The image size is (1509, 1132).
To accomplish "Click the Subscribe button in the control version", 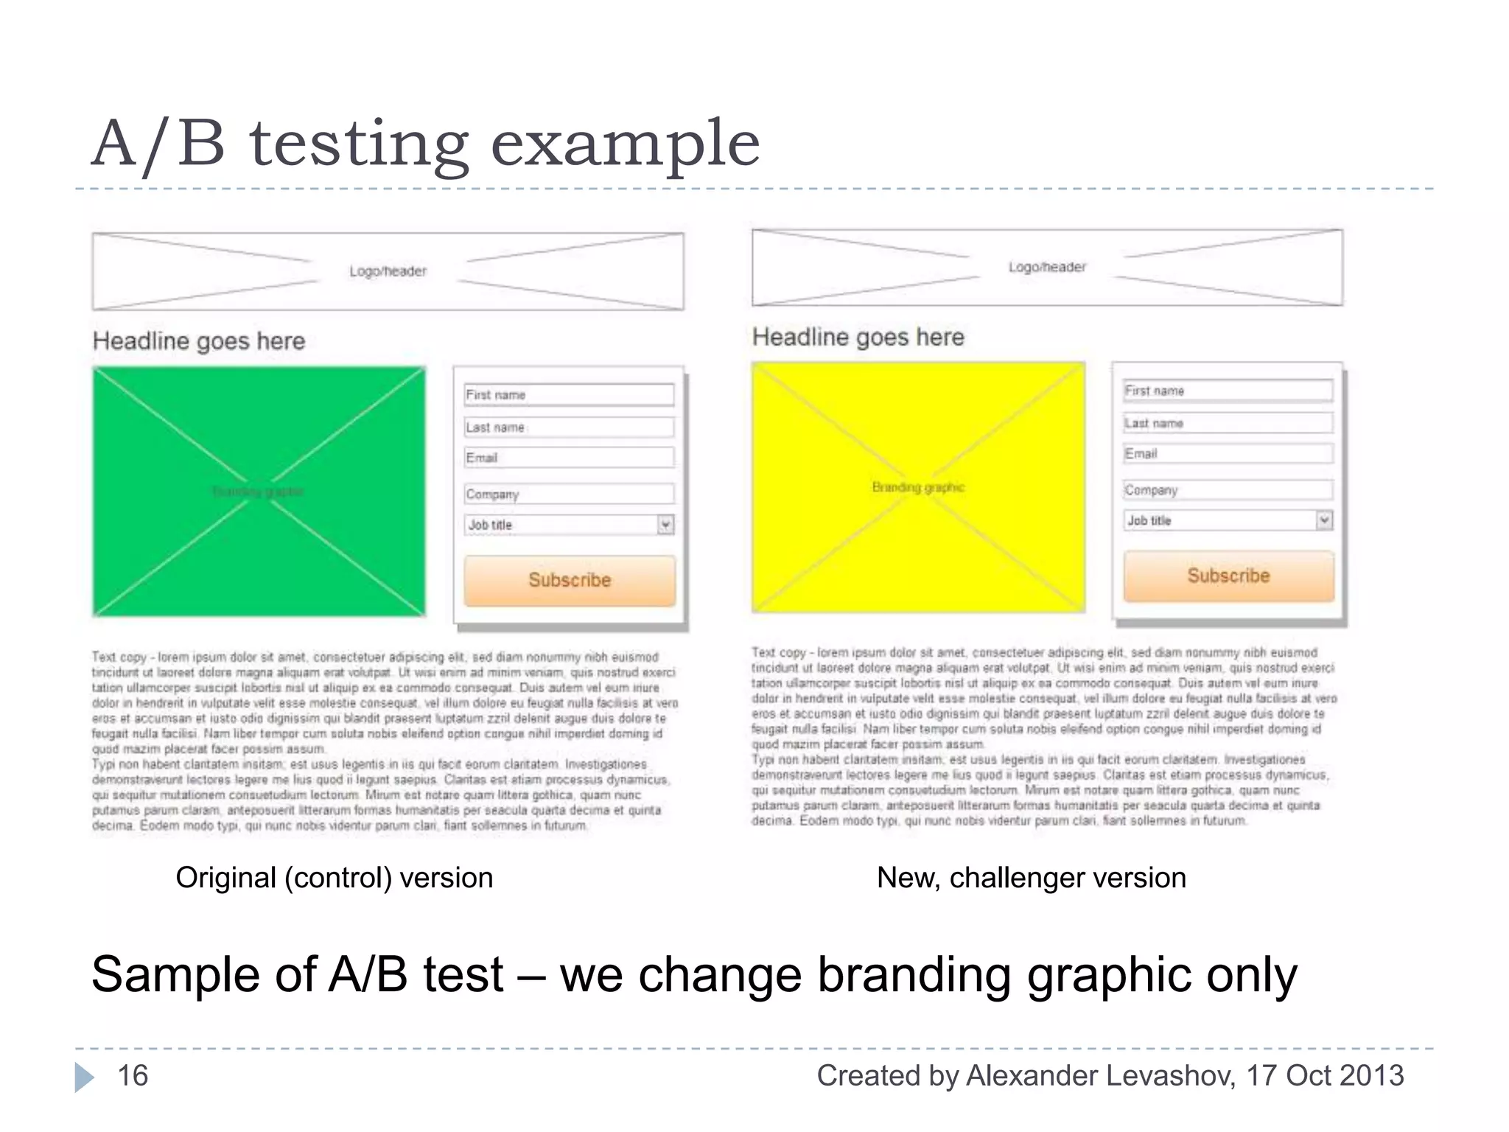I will (x=570, y=581).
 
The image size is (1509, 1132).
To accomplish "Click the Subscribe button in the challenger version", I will (x=1228, y=576).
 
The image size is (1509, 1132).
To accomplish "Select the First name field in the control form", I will (x=569, y=395).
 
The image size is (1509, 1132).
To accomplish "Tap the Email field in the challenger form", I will (x=1228, y=454).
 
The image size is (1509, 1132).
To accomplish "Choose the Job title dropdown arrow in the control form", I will (x=665, y=525).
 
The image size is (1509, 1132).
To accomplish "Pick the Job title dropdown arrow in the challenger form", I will (x=1324, y=520).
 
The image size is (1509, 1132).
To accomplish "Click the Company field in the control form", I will (x=569, y=494).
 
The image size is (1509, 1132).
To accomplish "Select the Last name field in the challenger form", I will (x=1228, y=423).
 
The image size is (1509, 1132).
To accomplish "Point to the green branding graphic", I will (x=259, y=491).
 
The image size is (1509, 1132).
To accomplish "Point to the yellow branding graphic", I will (x=918, y=486).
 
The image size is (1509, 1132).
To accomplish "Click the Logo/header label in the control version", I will (x=388, y=271).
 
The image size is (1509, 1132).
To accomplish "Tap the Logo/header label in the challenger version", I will (x=1047, y=267).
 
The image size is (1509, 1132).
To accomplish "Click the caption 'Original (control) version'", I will (x=334, y=878).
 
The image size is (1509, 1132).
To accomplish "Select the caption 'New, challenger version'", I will (x=1031, y=878).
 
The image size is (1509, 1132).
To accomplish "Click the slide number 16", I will (x=133, y=1076).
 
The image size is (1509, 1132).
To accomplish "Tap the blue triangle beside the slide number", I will (x=84, y=1077).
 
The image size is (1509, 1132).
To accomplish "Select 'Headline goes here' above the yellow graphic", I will (x=858, y=338).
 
